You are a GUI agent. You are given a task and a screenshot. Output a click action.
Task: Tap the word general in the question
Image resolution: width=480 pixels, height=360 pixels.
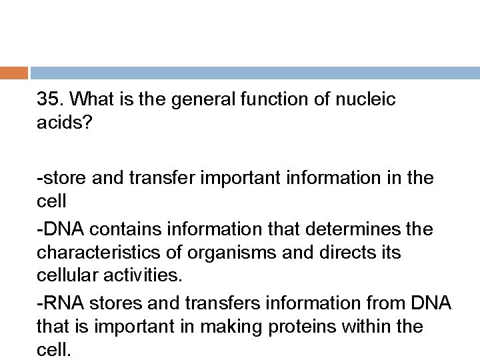pyautogui.click(x=195, y=100)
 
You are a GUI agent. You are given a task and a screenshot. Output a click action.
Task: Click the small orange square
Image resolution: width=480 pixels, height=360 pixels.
pyautogui.click(x=14, y=73)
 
